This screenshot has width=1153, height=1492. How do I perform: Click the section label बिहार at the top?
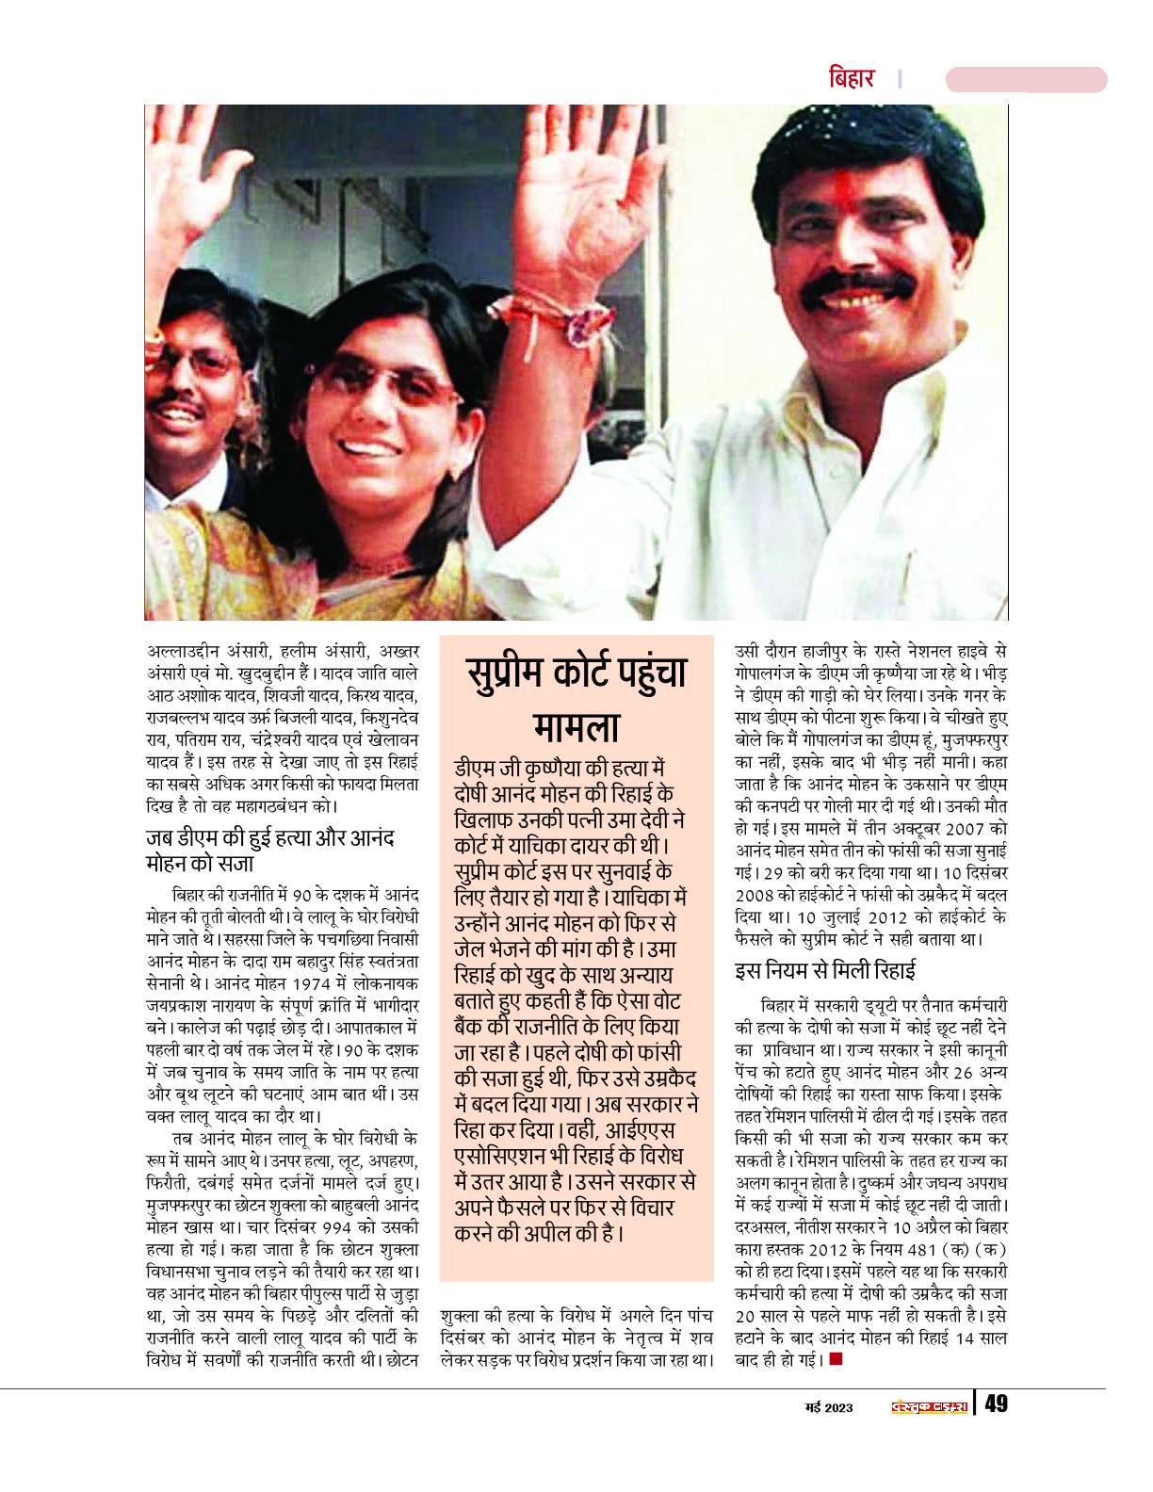[x=851, y=77]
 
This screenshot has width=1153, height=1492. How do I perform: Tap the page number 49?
[x=995, y=1404]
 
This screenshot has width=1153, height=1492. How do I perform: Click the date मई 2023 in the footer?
[x=828, y=1406]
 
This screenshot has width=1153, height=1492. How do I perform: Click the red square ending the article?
[x=836, y=1360]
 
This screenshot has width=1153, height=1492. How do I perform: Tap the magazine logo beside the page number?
[x=929, y=1406]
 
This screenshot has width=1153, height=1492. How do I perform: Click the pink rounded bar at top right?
[x=1026, y=79]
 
